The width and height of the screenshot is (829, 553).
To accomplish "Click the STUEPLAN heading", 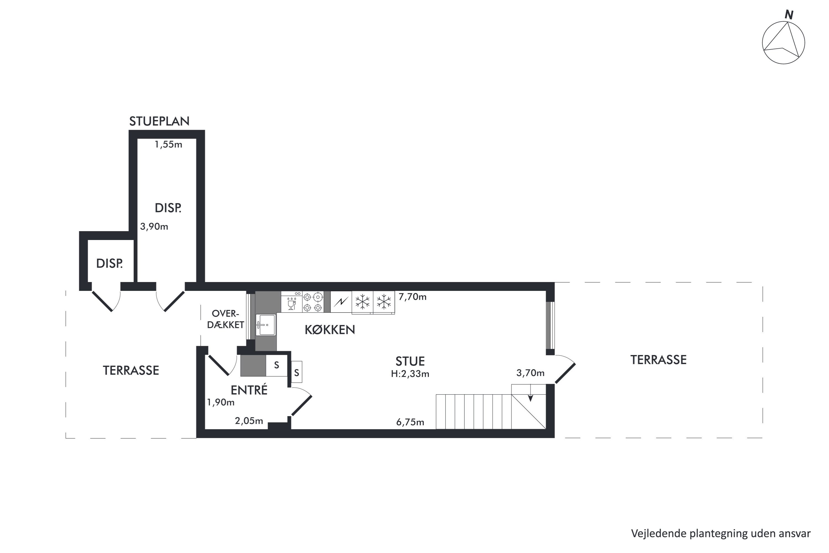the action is pyautogui.click(x=159, y=121).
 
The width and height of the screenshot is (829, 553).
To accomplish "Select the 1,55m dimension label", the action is pyautogui.click(x=169, y=144).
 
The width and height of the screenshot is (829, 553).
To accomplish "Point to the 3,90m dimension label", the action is pyautogui.click(x=154, y=226).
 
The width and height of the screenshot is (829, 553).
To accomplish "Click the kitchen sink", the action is pyautogui.click(x=266, y=325).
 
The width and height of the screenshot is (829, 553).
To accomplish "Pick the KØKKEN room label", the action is pyautogui.click(x=330, y=330).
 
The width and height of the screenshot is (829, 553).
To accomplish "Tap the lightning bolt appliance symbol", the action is pyautogui.click(x=341, y=302).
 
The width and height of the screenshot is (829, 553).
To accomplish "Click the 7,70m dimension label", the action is pyautogui.click(x=412, y=297).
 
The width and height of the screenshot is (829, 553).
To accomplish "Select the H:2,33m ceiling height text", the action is pyautogui.click(x=410, y=374).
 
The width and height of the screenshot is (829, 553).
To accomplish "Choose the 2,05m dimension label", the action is pyautogui.click(x=249, y=421).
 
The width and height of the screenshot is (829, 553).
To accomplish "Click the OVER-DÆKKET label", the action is pyautogui.click(x=225, y=319).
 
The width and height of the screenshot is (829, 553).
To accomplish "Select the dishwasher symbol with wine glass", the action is pyautogui.click(x=292, y=302).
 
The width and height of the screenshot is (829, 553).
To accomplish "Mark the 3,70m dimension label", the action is pyautogui.click(x=530, y=373).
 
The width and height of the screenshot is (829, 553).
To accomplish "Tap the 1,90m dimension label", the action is pyautogui.click(x=220, y=402).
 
